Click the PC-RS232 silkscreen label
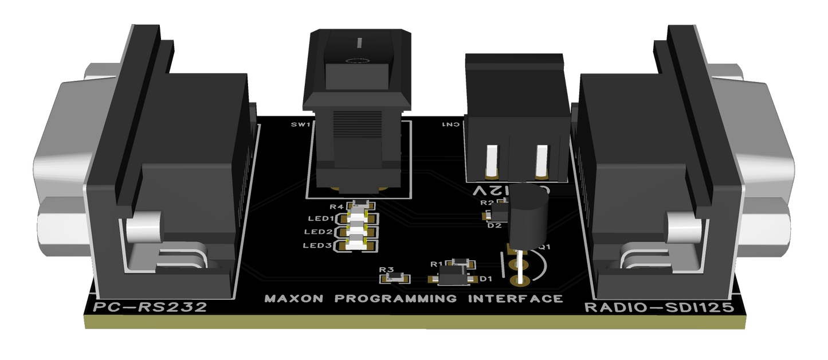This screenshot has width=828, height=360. (x=150, y=307)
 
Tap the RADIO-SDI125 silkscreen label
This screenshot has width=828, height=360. (x=658, y=308)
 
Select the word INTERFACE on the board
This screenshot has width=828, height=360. (x=515, y=299)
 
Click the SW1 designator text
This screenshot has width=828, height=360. (x=300, y=124)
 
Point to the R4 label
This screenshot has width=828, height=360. (x=336, y=206)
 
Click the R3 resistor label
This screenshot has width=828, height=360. (x=386, y=269)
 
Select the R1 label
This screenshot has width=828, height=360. (x=437, y=264)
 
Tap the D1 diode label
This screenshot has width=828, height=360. (x=486, y=279)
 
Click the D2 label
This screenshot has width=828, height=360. (x=494, y=226)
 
